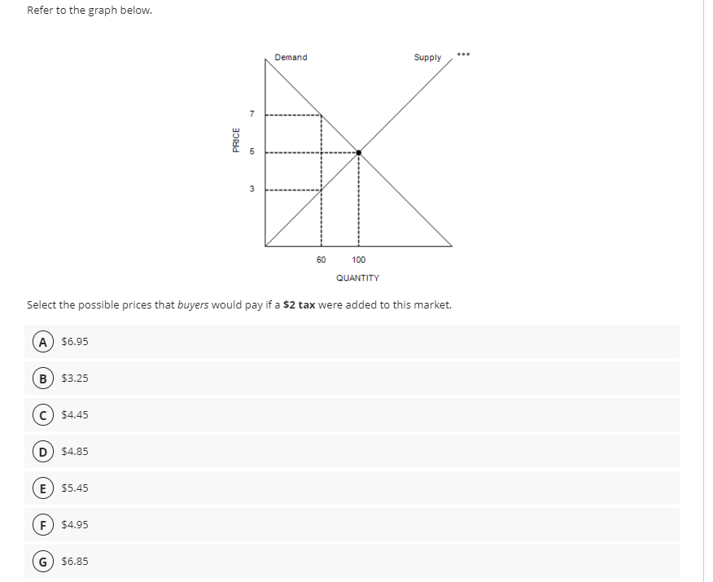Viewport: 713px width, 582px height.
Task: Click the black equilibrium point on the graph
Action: point(358,153)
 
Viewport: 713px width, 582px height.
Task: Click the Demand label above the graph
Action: point(291,57)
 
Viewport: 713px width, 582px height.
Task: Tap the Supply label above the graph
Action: point(427,57)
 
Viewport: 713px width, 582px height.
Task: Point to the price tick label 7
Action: point(252,114)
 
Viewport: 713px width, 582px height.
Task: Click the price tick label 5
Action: point(252,151)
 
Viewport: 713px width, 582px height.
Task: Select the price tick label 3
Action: point(252,189)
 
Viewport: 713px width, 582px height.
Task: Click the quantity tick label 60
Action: point(321,260)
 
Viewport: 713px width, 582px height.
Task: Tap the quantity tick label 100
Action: point(358,260)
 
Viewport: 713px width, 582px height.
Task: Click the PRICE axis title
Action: point(236,139)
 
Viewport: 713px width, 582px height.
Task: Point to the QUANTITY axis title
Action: point(357,278)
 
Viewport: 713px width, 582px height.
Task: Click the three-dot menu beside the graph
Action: point(463,55)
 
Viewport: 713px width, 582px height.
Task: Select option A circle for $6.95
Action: point(43,342)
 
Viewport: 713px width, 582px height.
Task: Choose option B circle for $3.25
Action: point(43,379)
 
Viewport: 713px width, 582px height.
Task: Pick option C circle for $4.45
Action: point(43,415)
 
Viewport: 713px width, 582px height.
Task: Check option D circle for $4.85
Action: point(43,452)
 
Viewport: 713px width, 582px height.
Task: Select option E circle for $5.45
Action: point(43,488)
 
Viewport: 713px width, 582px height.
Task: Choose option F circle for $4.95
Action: point(43,525)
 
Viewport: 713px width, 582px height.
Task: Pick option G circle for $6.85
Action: point(43,562)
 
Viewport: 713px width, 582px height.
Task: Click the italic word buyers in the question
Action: point(193,305)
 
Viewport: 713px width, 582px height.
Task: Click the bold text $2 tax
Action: point(299,304)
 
